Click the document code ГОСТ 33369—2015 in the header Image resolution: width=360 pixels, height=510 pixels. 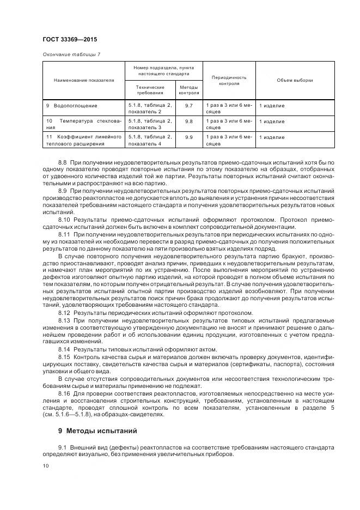tap(69, 39)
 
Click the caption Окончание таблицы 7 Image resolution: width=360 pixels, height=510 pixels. tap(71, 54)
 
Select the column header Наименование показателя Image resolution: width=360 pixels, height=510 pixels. tap(84, 80)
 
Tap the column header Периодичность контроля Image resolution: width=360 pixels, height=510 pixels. tap(229, 80)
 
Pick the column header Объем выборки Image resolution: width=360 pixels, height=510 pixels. tap(295, 80)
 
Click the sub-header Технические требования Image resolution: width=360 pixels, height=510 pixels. tap(149, 90)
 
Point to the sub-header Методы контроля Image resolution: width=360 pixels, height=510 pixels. tap(188, 90)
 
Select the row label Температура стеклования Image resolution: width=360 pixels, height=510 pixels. tap(83, 124)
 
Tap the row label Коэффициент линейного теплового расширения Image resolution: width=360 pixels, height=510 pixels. tap(83, 140)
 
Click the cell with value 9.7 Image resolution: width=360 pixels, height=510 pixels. tap(188, 106)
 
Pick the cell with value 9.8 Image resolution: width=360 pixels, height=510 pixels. tap(188, 122)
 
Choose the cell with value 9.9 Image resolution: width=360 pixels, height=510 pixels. tap(188, 137)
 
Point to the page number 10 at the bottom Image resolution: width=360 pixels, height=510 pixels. tap(45, 466)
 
